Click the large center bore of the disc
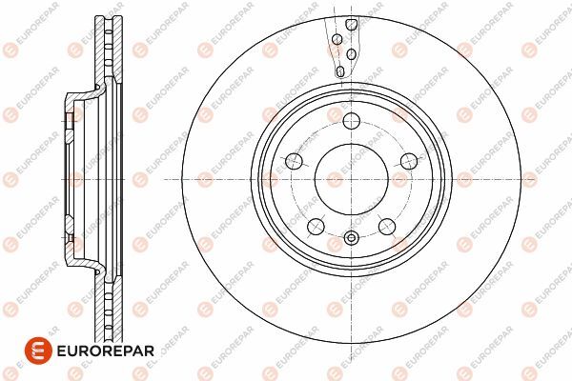point(351,179)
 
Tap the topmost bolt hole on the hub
point(351,121)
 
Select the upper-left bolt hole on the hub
point(294,161)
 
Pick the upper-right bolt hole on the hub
point(409,161)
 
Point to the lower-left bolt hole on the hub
point(316,227)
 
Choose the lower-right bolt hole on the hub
point(387,227)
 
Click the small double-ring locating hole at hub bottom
point(351,238)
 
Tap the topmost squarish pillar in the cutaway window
point(351,25)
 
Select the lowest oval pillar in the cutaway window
point(340,71)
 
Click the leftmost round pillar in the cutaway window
point(337,39)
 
